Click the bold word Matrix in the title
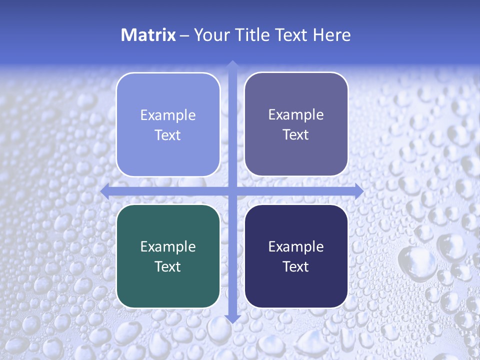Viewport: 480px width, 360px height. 148,35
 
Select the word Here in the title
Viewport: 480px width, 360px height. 332,35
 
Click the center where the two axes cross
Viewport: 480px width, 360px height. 232,191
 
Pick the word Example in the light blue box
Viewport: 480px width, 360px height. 168,115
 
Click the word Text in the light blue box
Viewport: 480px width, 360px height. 168,135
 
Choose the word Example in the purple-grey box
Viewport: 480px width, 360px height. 296,115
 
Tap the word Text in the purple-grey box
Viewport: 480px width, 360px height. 296,135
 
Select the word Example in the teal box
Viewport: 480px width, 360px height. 168,247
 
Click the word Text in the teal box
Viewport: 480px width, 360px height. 168,267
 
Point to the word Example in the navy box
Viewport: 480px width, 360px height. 296,247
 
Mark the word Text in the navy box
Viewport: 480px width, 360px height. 296,267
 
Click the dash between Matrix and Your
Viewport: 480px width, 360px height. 184,35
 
